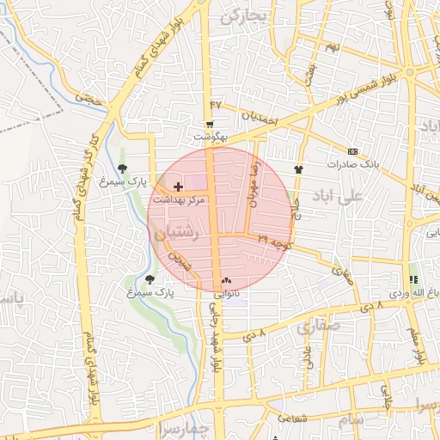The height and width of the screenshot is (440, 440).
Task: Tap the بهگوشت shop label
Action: click(x=210, y=137)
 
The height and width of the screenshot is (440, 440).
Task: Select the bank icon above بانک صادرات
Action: click(x=353, y=151)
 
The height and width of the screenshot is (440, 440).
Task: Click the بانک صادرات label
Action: click(x=352, y=163)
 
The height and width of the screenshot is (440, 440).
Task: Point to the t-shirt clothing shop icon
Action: click(x=298, y=169)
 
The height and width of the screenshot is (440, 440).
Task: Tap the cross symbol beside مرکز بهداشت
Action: click(x=178, y=186)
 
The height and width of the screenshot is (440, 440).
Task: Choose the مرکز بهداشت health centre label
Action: click(x=179, y=199)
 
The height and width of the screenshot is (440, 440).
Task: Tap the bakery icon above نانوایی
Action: click(x=226, y=280)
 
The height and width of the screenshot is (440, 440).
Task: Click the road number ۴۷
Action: click(x=216, y=104)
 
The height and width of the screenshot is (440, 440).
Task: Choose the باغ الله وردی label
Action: click(x=411, y=292)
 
